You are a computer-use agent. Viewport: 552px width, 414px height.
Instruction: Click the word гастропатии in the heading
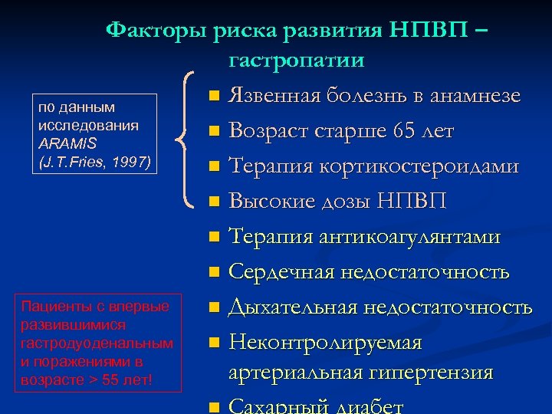296,61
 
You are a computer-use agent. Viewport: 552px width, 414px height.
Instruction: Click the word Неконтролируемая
326,343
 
